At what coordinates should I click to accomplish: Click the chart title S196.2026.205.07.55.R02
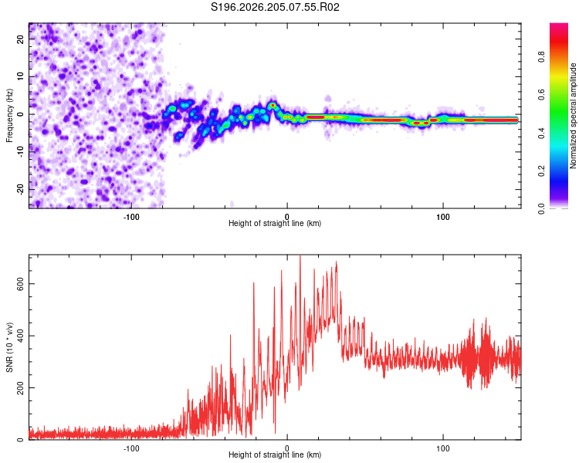pyautogui.click(x=275, y=7)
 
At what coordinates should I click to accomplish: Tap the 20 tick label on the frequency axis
pyautogui.click(x=20, y=39)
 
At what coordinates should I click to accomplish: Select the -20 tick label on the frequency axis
pyautogui.click(x=20, y=190)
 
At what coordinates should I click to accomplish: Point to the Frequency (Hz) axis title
pyautogui.click(x=9, y=115)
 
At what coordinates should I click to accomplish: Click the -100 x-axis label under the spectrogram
pyautogui.click(x=131, y=217)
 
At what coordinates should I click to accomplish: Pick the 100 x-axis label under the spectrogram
pyautogui.click(x=443, y=217)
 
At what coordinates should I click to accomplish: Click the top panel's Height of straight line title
pyautogui.click(x=275, y=223)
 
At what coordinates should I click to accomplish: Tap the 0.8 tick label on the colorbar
pyautogui.click(x=541, y=57)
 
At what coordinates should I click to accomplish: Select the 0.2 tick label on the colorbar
pyautogui.click(x=541, y=171)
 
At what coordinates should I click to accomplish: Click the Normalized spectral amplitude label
pyautogui.click(x=573, y=116)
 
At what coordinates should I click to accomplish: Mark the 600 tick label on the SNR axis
pyautogui.click(x=20, y=283)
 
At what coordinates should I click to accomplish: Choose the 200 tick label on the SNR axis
pyautogui.click(x=20, y=387)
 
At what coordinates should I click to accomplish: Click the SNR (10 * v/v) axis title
pyautogui.click(x=9, y=347)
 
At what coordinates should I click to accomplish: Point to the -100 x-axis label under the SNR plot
pyautogui.click(x=131, y=448)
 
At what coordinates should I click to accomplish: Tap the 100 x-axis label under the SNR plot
pyautogui.click(x=443, y=448)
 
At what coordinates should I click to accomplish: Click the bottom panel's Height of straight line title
pyautogui.click(x=275, y=455)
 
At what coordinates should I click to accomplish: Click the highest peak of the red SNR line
pyautogui.click(x=300, y=255)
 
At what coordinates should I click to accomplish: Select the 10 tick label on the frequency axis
pyautogui.click(x=20, y=76)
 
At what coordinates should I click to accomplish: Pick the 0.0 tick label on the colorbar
pyautogui.click(x=541, y=208)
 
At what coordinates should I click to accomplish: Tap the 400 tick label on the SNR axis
pyautogui.click(x=20, y=336)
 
